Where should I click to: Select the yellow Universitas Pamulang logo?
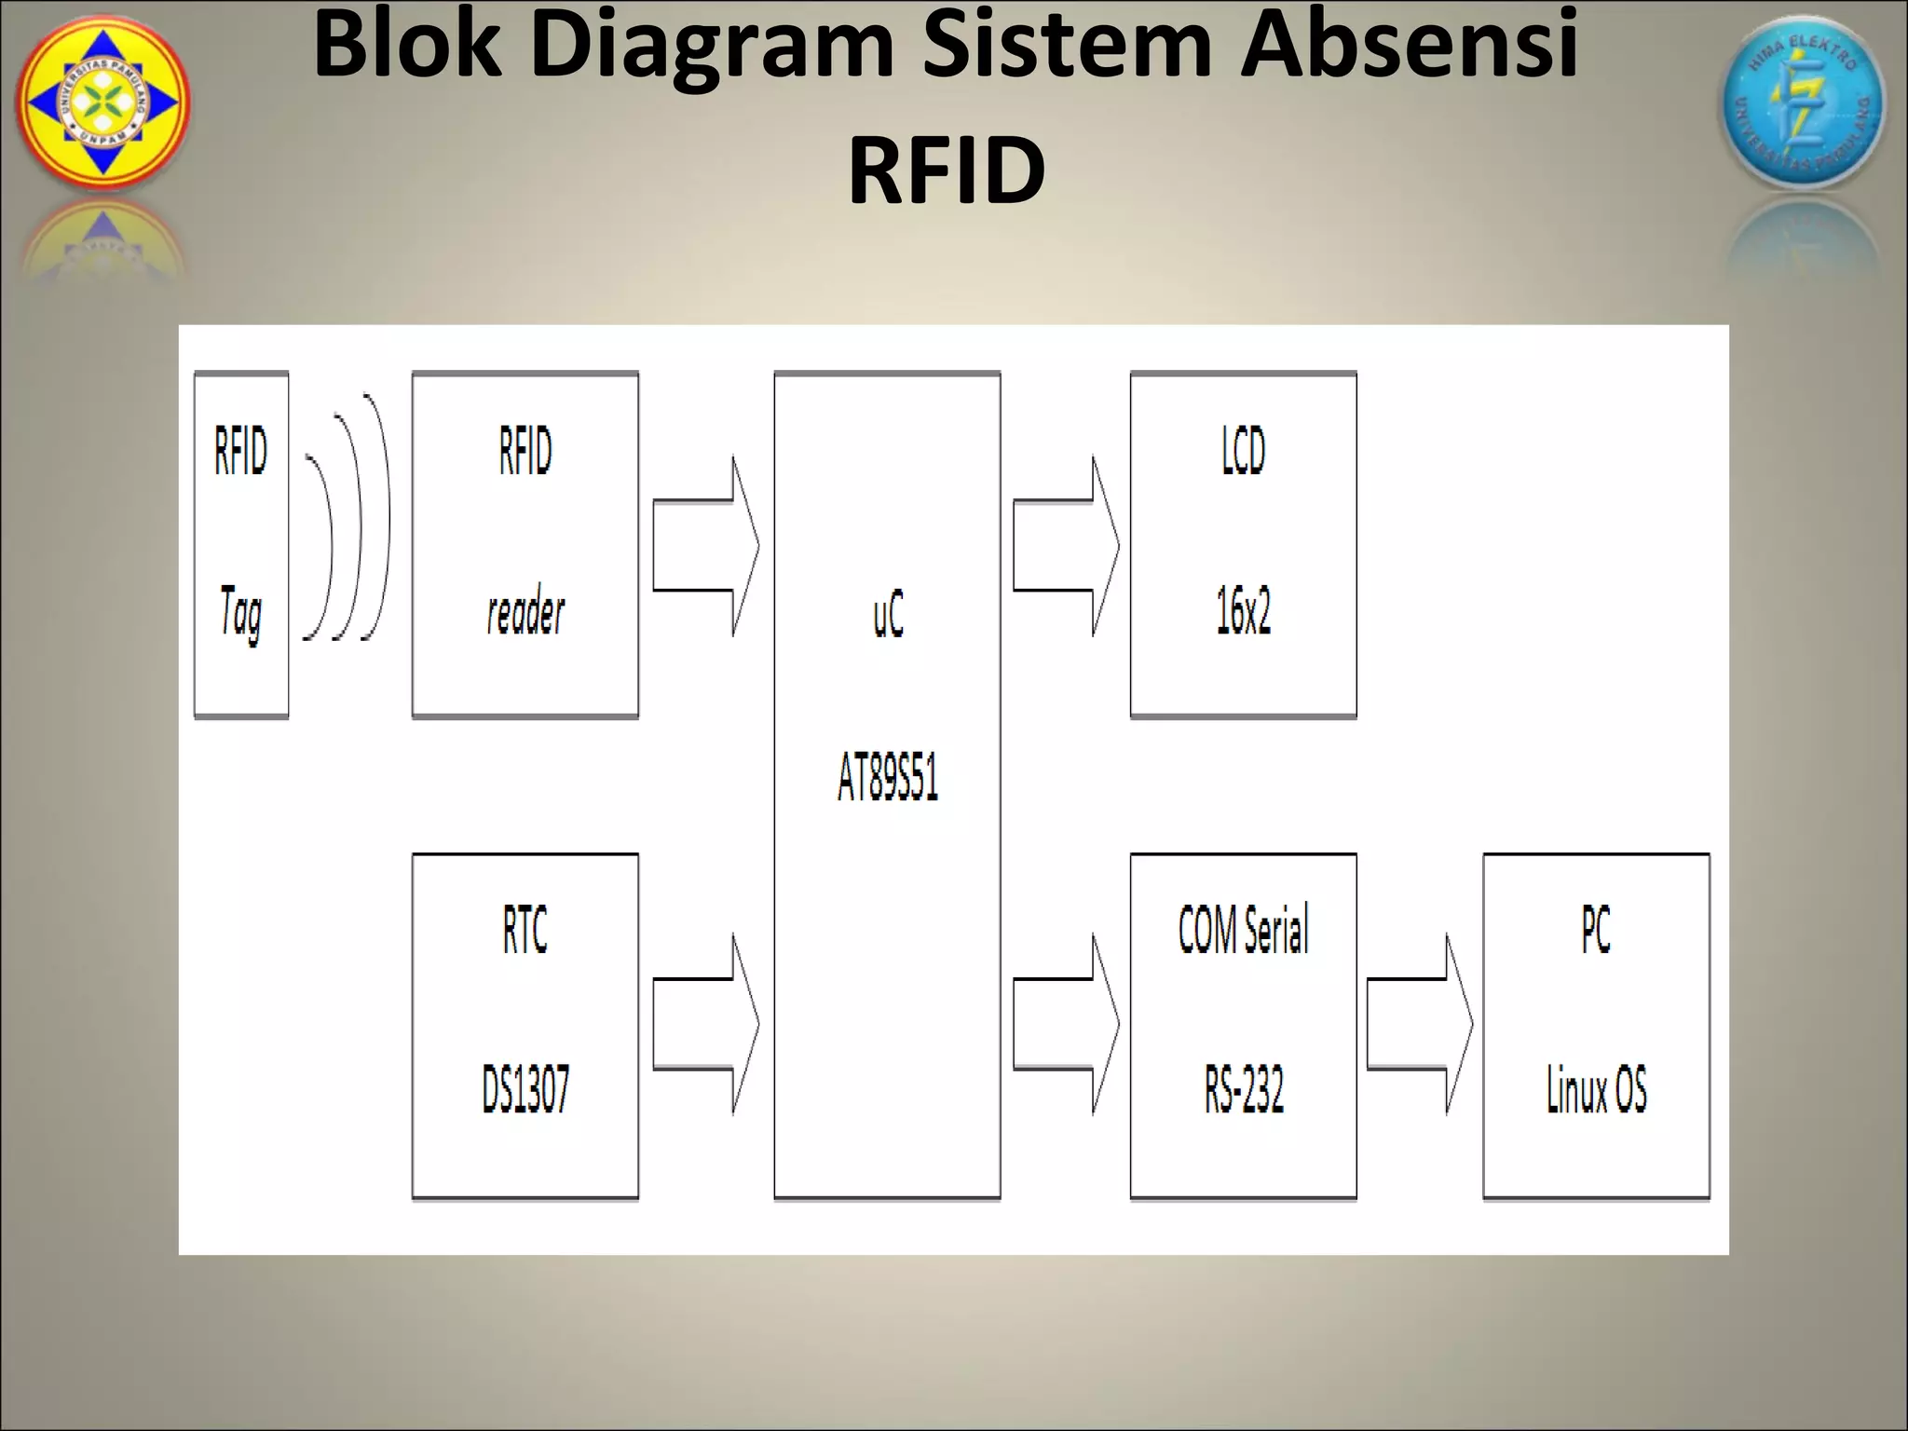click(x=102, y=102)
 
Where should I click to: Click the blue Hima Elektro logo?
click(x=1802, y=102)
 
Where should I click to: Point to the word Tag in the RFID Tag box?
click(x=240, y=613)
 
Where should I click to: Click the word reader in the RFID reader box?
click(x=525, y=613)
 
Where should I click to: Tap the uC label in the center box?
click(x=888, y=615)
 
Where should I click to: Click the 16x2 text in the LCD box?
click(x=1243, y=612)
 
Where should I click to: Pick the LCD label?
click(x=1243, y=451)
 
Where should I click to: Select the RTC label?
click(x=525, y=929)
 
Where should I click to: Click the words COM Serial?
click(x=1243, y=929)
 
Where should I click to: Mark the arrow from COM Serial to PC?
click(x=1419, y=1024)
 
